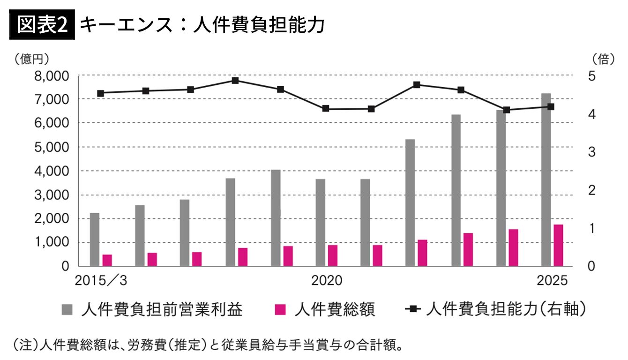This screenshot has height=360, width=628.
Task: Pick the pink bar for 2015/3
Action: point(107,260)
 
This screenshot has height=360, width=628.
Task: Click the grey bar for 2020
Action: point(320,222)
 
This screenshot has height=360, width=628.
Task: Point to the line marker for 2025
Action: point(551,106)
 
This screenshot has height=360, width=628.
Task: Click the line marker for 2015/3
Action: point(100,93)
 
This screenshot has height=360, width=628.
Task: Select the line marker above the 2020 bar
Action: point(326,109)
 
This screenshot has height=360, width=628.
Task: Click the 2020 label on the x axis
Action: point(327,281)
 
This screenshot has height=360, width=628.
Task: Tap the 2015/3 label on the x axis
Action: point(101,281)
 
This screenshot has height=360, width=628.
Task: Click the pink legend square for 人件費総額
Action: point(280,309)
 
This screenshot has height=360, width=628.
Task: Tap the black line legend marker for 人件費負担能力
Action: point(413,309)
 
